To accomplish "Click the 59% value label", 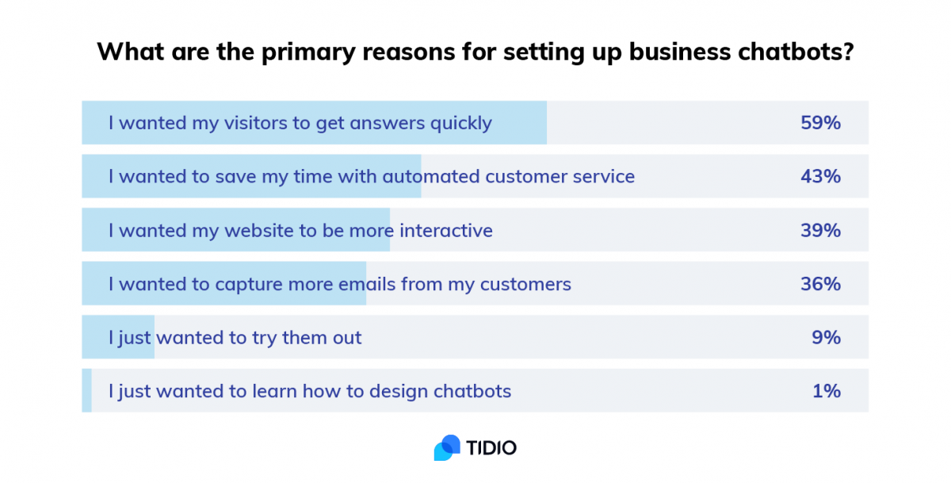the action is pyautogui.click(x=820, y=123).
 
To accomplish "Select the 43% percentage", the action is pyautogui.click(x=820, y=176).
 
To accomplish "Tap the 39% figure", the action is pyautogui.click(x=820, y=230).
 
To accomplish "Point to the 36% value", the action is pyautogui.click(x=820, y=284).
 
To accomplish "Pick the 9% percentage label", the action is pyautogui.click(x=826, y=337).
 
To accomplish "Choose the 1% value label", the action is pyautogui.click(x=826, y=391).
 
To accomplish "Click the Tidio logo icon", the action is pyautogui.click(x=447, y=448).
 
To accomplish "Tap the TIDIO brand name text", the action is pyautogui.click(x=491, y=448).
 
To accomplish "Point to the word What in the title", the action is pyautogui.click(x=130, y=52).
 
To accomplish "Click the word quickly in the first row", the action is pyautogui.click(x=461, y=124).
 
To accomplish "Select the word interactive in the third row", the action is pyautogui.click(x=446, y=231).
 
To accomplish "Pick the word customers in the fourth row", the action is pyautogui.click(x=525, y=285).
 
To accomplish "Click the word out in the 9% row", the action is pyautogui.click(x=347, y=338).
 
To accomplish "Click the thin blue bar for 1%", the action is pyautogui.click(x=86, y=390).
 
